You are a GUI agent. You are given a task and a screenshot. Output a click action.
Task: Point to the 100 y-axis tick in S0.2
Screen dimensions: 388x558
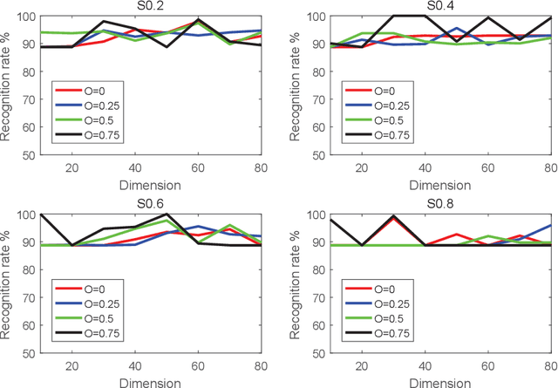pyautogui.click(x=26, y=17)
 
